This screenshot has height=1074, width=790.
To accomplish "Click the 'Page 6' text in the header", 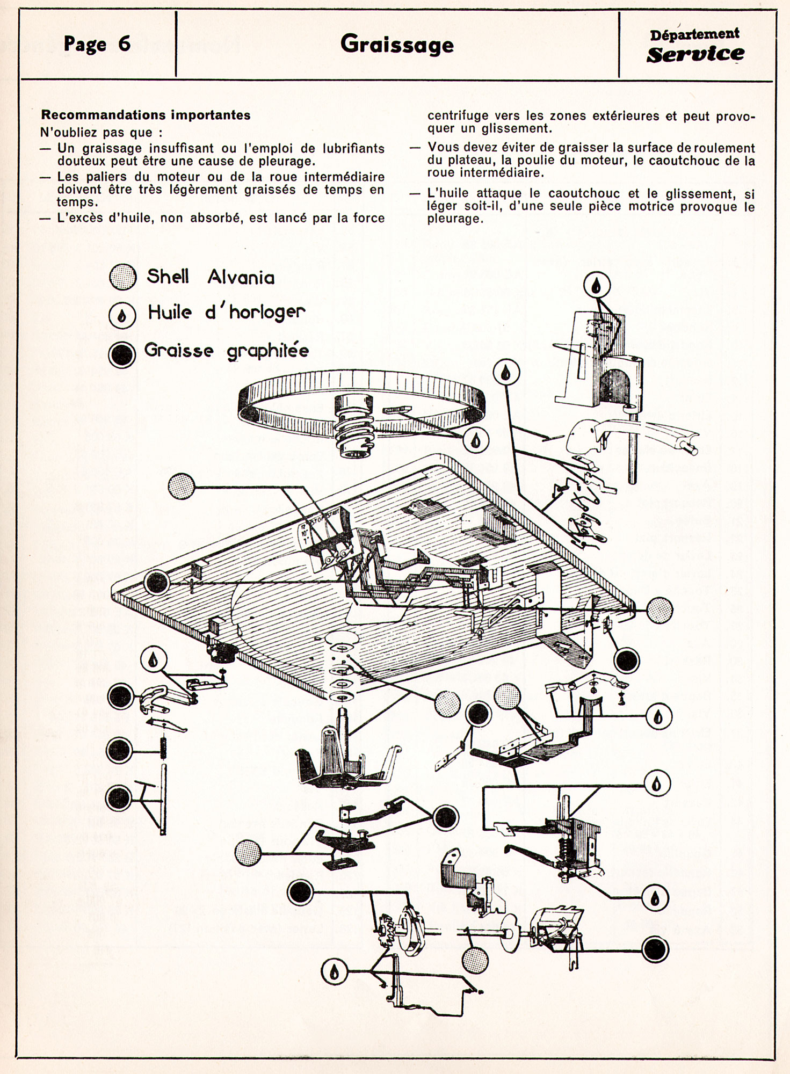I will click(x=97, y=44).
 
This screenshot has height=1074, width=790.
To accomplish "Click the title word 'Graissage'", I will click(x=397, y=45).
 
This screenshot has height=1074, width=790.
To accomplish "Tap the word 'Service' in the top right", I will click(x=695, y=54).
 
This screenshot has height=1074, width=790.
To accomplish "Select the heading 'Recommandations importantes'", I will click(x=146, y=115).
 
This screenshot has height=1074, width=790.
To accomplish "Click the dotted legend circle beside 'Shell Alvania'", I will click(x=122, y=277).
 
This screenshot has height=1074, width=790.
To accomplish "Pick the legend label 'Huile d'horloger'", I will click(x=226, y=313).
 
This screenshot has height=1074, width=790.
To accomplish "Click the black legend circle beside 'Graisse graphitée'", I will click(x=122, y=354).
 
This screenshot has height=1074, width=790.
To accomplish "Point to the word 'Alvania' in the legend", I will click(x=241, y=277).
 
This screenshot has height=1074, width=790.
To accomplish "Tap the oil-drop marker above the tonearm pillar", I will click(x=597, y=285).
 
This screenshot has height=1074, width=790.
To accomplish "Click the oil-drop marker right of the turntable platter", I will click(x=476, y=440).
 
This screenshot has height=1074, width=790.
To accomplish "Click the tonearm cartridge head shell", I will click(x=585, y=435).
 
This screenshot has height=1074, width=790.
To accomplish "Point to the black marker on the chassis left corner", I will click(x=156, y=582).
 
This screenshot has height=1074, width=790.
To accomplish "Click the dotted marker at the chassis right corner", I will click(x=659, y=610).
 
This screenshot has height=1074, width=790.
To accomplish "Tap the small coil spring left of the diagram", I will click(x=163, y=748).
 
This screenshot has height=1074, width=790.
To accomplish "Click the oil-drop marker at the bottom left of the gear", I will click(x=334, y=972).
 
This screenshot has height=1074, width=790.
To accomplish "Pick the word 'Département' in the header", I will click(x=694, y=34).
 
